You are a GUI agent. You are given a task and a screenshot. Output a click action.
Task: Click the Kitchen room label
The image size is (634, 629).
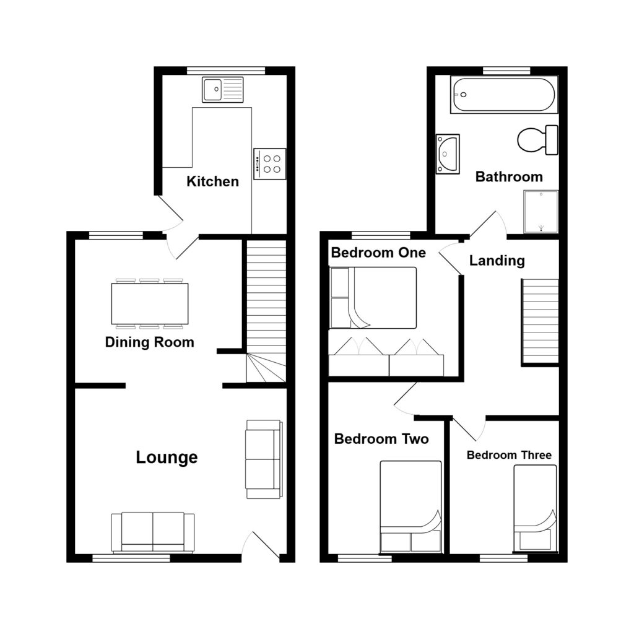click(212, 181)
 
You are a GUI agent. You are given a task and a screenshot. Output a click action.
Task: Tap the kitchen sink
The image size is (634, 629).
click(222, 90)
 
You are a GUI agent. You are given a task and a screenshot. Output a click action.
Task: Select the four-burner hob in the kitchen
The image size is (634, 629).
click(269, 164)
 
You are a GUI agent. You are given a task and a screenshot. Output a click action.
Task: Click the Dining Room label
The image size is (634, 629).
click(149, 342)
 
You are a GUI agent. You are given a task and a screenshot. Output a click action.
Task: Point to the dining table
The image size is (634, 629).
click(150, 303)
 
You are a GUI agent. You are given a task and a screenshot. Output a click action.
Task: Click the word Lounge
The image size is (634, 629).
click(167, 458)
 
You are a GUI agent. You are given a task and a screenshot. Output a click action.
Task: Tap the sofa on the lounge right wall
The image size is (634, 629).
click(264, 459)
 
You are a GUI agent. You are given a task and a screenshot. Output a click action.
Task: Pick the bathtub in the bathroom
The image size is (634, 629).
click(505, 95)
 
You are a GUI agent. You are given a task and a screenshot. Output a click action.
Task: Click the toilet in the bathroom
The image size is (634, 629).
click(537, 140)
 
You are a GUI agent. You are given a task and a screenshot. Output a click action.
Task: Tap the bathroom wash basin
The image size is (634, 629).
click(447, 154)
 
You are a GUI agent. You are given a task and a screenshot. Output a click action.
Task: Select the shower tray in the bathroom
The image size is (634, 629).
click(541, 211)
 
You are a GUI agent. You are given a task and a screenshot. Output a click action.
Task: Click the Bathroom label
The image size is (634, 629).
click(508, 177)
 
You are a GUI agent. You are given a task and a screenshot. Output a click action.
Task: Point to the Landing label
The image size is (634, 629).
click(497, 261)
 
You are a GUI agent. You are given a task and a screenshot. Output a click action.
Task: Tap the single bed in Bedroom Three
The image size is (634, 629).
click(535, 508)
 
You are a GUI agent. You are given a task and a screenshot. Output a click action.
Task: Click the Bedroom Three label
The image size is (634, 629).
click(508, 455)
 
